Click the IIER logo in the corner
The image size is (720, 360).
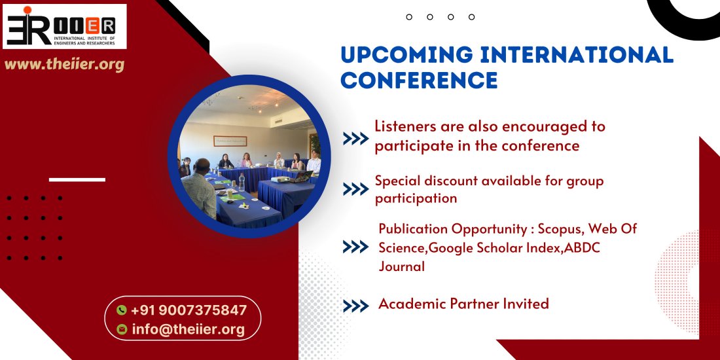coord(65,27)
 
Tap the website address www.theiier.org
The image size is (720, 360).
coord(64,65)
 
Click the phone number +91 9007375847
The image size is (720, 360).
coord(189,310)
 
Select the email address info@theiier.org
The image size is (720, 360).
coord(189,329)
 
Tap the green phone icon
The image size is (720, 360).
coord(121,310)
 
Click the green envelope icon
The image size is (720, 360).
coord(122,329)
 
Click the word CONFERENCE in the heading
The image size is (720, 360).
coord(419,80)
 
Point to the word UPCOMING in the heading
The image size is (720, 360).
coord(407,54)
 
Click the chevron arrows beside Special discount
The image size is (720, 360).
coord(356,189)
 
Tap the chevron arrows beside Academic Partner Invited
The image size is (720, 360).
coord(356,306)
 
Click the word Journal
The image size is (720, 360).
coord(402,266)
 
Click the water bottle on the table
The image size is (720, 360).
coord(242,183)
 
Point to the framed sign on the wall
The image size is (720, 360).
coord(230,141)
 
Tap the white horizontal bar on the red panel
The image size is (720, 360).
coord(77,179)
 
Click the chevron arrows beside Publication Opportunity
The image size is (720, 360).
coord(356,247)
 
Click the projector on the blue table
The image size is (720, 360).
coord(280,179)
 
